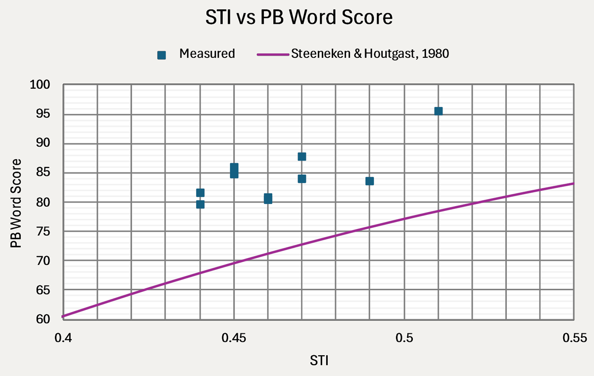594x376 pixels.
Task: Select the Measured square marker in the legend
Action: pyautogui.click(x=161, y=54)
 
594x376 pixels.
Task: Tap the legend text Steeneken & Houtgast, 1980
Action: pyautogui.click(x=371, y=54)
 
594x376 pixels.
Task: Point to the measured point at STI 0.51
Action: pyautogui.click(x=438, y=111)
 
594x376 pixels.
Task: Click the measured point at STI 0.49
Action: pyautogui.click(x=370, y=181)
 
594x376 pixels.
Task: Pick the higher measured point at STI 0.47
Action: pyautogui.click(x=302, y=157)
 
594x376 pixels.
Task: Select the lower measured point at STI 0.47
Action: pyautogui.click(x=302, y=178)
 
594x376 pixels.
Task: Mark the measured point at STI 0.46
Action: pyautogui.click(x=268, y=199)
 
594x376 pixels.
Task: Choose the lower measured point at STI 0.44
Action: pyautogui.click(x=200, y=204)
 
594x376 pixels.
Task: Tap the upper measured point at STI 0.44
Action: pyautogui.click(x=200, y=193)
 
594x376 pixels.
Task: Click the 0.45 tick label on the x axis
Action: pyautogui.click(x=234, y=338)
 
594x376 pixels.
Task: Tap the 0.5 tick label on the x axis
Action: pyautogui.click(x=404, y=338)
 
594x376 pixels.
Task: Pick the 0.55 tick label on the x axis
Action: pyautogui.click(x=574, y=338)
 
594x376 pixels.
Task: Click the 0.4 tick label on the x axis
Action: pyautogui.click(x=63, y=338)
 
